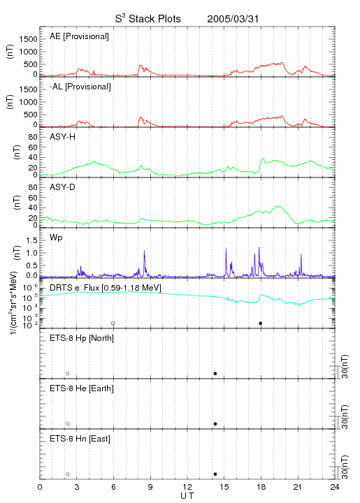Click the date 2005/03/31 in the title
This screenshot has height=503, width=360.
click(233, 19)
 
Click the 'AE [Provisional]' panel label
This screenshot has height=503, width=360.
click(79, 36)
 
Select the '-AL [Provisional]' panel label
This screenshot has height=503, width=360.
click(80, 87)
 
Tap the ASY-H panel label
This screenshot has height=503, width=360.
click(63, 137)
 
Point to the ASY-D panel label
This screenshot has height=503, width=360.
click(63, 187)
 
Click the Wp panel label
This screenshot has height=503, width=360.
click(56, 238)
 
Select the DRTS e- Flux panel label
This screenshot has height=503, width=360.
click(106, 288)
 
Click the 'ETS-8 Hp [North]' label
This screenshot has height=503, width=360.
click(82, 338)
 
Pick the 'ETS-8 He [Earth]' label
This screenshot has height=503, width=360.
click(82, 388)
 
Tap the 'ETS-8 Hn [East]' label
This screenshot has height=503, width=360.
click(80, 439)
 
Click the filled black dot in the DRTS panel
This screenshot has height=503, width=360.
click(261, 323)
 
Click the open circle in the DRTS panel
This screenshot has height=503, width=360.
click(113, 323)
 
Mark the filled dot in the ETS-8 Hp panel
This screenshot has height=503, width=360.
click(215, 373)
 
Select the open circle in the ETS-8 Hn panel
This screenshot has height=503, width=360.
click(68, 474)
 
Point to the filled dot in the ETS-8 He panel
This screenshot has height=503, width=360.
click(215, 424)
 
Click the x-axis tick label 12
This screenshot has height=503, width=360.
click(187, 487)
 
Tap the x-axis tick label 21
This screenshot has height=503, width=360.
click(298, 487)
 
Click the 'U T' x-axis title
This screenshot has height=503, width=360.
click(187, 496)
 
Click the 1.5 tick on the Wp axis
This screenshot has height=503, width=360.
click(31, 240)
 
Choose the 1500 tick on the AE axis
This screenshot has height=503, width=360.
click(28, 39)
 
